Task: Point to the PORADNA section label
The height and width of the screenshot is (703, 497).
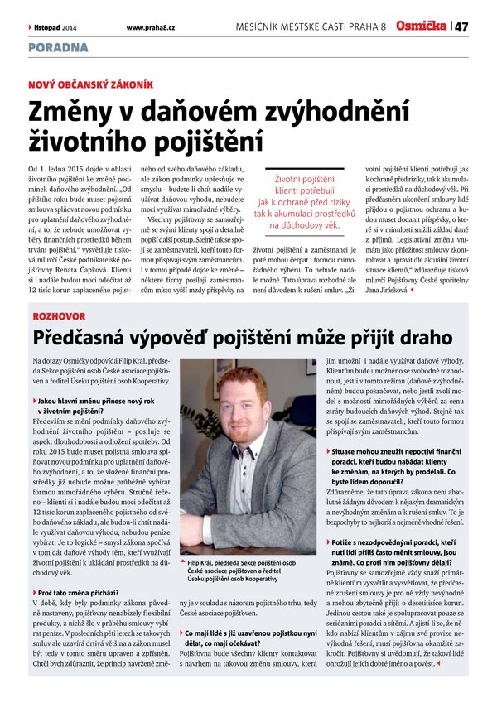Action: point(58,48)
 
